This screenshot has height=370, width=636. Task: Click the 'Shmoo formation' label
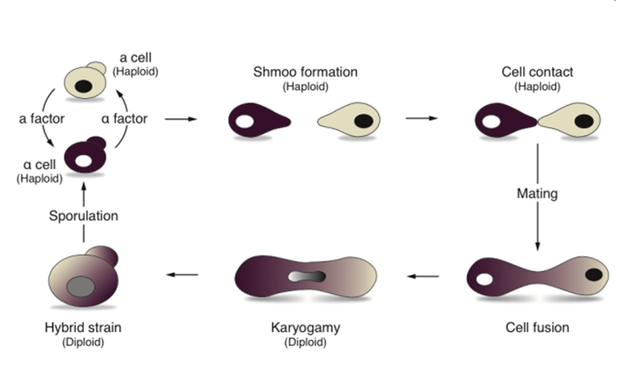(306, 72)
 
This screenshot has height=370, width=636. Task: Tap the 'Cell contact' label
(538, 72)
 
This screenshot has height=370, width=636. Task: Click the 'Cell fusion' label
(537, 328)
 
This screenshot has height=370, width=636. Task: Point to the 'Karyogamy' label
(307, 328)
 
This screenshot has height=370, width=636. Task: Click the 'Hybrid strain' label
(86, 328)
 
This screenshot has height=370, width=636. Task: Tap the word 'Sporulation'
(84, 215)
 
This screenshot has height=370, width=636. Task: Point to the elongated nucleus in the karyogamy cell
(307, 276)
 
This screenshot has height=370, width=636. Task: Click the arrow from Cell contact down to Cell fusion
(537, 221)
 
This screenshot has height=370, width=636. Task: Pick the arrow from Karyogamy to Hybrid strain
(185, 276)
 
